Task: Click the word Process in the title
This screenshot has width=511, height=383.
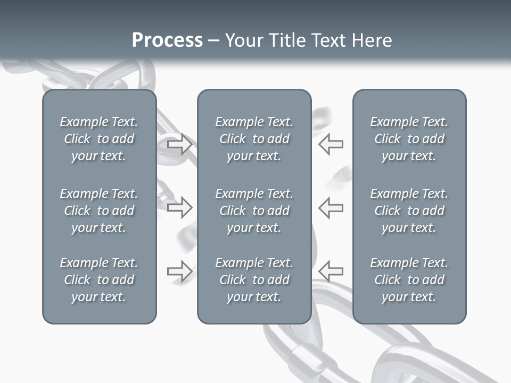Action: (x=167, y=40)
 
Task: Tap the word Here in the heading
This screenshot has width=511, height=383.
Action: (x=372, y=40)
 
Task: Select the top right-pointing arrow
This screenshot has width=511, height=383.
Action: (x=179, y=144)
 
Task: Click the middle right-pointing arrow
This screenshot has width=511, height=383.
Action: (x=179, y=207)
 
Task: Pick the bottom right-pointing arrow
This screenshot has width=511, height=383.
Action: (x=179, y=271)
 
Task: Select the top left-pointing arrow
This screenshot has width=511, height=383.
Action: (x=331, y=144)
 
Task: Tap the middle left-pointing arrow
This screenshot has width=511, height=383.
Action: (x=331, y=207)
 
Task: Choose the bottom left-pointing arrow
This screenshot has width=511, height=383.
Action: (x=331, y=271)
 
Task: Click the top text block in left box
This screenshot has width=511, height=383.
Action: (x=99, y=139)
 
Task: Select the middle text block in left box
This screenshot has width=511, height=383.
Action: (x=99, y=211)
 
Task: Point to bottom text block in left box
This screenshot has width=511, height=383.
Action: (x=99, y=280)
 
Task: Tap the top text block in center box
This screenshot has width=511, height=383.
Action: (x=254, y=139)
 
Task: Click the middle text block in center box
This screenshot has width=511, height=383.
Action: (x=254, y=211)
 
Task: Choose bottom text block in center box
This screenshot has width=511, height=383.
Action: (x=254, y=280)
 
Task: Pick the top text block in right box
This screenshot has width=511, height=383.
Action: (x=409, y=139)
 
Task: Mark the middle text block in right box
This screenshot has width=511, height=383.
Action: (x=409, y=211)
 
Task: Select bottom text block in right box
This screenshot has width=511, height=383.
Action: (x=409, y=280)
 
